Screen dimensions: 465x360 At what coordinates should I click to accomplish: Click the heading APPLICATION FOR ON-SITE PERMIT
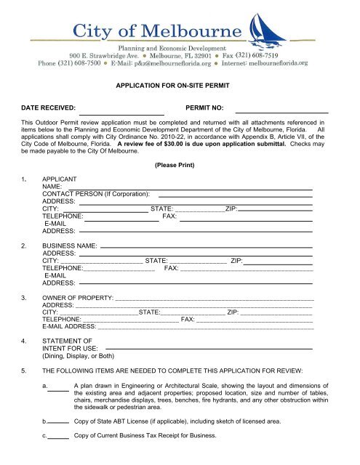[179, 85]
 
